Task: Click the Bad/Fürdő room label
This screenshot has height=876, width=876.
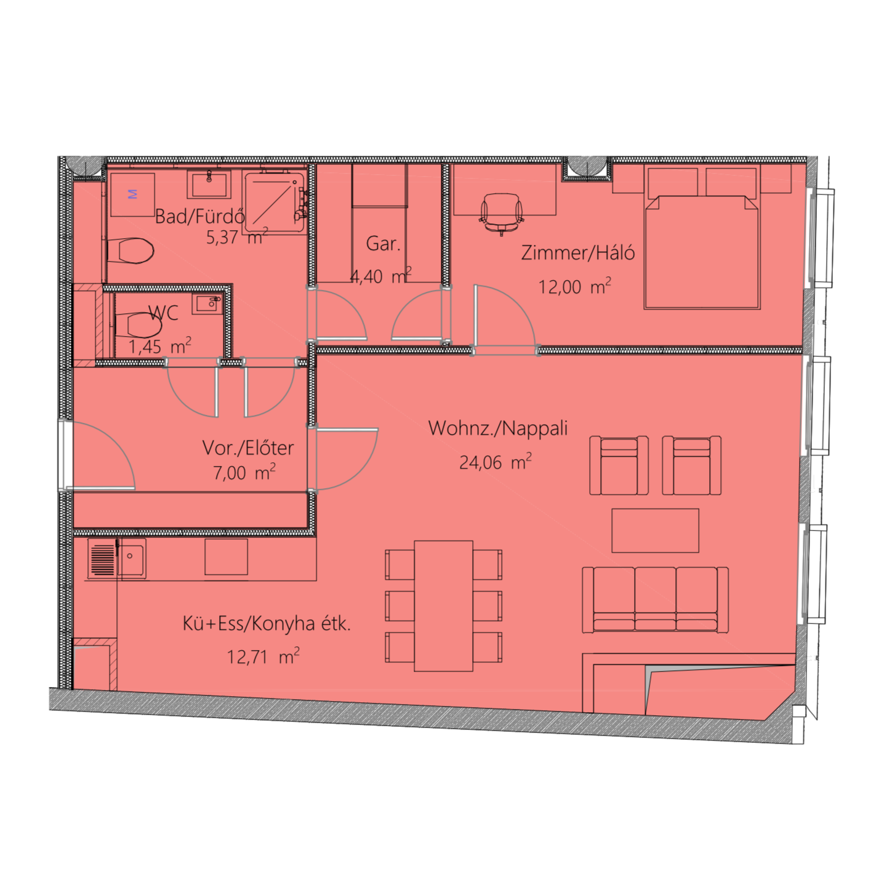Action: click(200, 217)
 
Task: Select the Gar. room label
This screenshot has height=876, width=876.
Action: click(384, 244)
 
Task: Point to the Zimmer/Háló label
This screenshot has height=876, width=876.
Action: click(578, 253)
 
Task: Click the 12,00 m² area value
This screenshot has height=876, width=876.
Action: click(574, 286)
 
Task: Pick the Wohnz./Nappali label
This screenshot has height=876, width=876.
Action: click(498, 428)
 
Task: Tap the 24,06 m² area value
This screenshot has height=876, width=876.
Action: click(495, 462)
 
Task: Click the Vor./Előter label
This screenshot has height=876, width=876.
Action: click(248, 448)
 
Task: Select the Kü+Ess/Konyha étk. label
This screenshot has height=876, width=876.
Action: click(267, 624)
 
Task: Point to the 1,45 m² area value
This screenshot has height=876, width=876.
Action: click(159, 346)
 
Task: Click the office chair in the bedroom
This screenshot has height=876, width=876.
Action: click(502, 214)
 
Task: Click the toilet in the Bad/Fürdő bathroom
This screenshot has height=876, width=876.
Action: click(131, 251)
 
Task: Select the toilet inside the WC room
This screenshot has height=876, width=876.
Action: click(139, 325)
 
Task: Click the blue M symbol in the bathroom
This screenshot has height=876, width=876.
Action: click(133, 194)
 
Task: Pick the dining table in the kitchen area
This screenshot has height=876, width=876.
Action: click(443, 606)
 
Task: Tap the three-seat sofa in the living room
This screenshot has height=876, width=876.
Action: click(655, 600)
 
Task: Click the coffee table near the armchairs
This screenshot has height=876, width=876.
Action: click(655, 531)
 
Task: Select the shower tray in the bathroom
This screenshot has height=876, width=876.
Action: click(274, 203)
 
